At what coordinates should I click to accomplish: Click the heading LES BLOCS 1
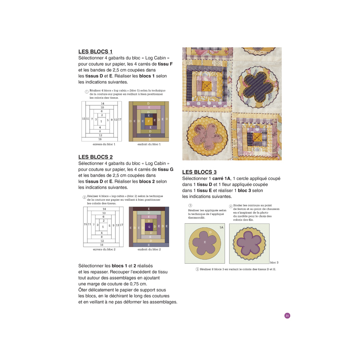(x=95, y=52)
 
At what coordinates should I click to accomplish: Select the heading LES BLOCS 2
(x=95, y=157)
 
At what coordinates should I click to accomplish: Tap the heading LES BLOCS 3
(x=199, y=172)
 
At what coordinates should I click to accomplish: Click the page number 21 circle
(x=287, y=315)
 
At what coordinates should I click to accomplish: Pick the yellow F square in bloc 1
(x=148, y=121)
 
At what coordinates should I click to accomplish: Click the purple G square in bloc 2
(x=148, y=227)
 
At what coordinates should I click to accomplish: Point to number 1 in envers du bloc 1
(x=101, y=121)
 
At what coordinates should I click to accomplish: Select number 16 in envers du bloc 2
(x=102, y=245)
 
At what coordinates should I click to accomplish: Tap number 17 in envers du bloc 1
(x=120, y=119)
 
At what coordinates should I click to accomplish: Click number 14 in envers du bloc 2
(x=104, y=209)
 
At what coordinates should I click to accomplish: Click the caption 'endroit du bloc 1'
(x=149, y=144)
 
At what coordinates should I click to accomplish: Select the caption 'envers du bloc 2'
(x=104, y=249)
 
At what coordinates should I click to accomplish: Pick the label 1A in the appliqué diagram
(x=221, y=228)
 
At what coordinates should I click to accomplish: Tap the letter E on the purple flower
(x=205, y=242)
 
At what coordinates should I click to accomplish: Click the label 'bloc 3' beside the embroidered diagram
(x=274, y=262)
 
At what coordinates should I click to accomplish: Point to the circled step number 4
(x=231, y=206)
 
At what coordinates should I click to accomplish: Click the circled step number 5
(x=197, y=269)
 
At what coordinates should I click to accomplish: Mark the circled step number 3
(x=190, y=205)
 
